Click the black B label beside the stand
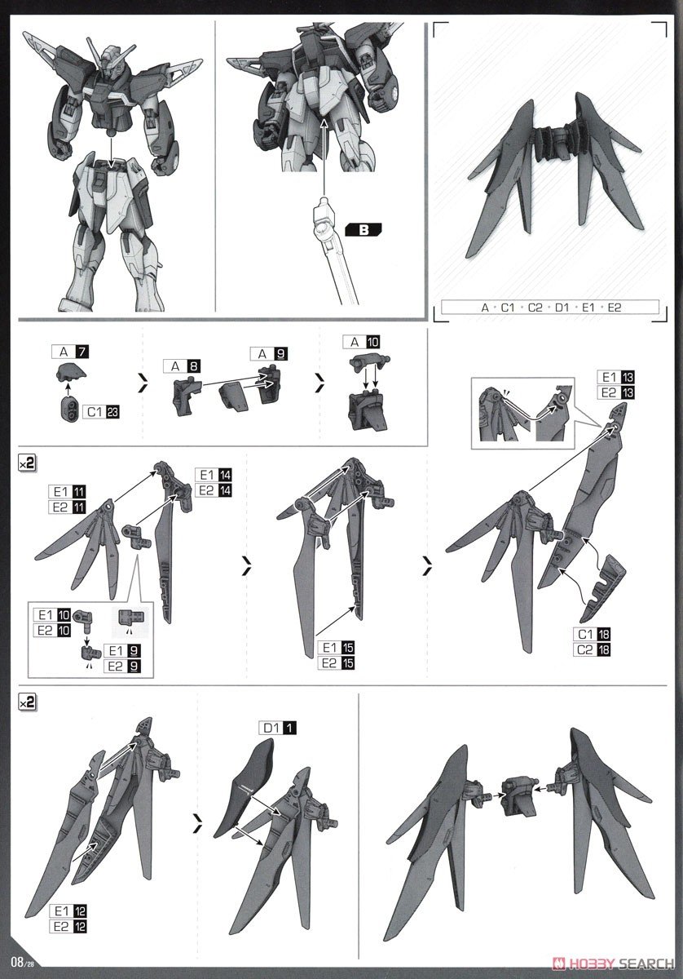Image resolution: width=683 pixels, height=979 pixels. [x=364, y=230]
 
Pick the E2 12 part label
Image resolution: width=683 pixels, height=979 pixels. [x=68, y=927]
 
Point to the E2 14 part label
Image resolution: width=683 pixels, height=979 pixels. [x=214, y=490]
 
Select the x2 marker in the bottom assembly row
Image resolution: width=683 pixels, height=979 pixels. [x=28, y=701]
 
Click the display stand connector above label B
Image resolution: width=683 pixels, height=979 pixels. [x=324, y=216]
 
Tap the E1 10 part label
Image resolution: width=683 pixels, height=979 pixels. [x=52, y=614]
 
